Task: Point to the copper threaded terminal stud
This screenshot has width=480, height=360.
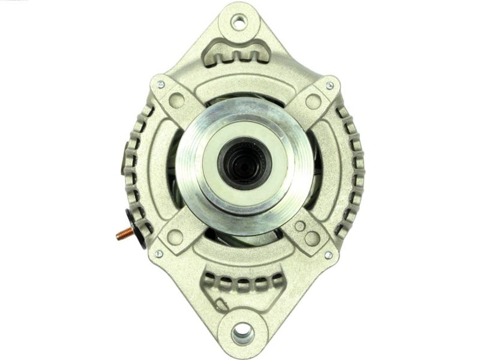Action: click(124, 233)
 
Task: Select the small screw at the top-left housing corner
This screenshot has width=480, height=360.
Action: click(160, 85)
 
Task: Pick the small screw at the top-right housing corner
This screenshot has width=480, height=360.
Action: click(329, 86)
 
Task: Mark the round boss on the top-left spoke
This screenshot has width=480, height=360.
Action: click(178, 100)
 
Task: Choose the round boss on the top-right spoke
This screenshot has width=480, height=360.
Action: click(313, 101)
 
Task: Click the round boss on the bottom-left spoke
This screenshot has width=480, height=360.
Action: click(175, 237)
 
